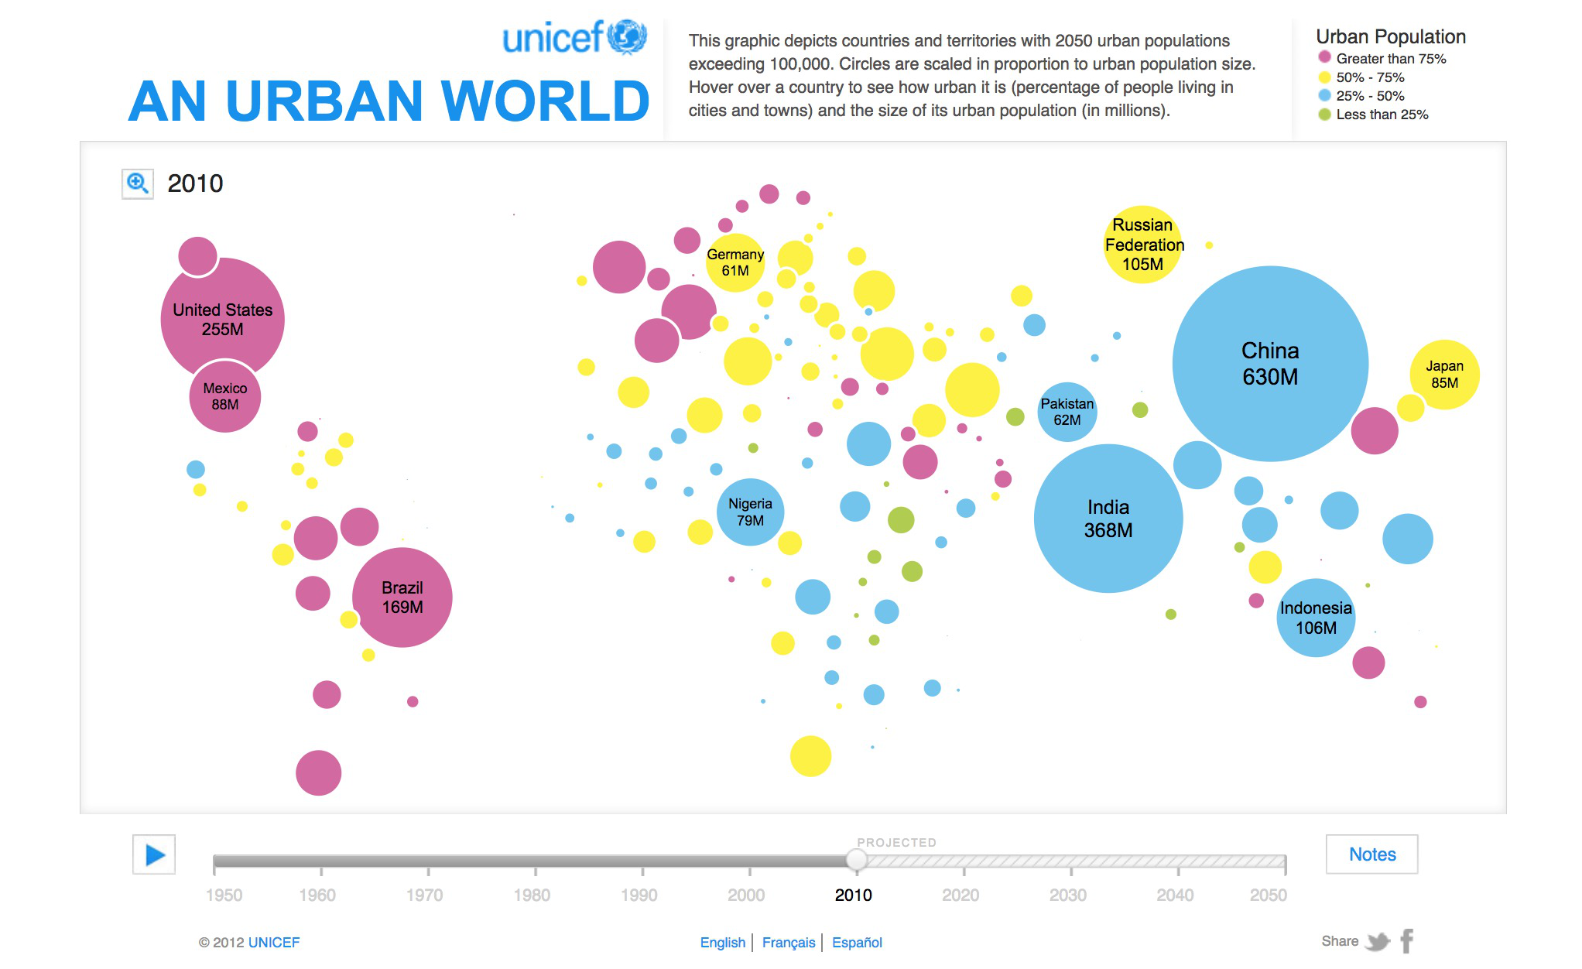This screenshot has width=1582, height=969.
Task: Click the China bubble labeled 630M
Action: tap(1270, 364)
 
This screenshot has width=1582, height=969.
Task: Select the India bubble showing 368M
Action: tap(1108, 519)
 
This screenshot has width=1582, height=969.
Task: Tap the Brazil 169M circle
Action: tap(402, 597)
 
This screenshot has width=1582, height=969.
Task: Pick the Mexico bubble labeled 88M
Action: tap(224, 396)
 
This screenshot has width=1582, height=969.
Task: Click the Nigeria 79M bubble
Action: tap(750, 512)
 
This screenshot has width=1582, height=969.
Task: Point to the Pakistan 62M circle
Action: tap(1067, 412)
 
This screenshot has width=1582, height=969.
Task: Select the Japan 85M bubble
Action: tap(1444, 375)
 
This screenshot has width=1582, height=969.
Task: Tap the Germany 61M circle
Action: tap(734, 262)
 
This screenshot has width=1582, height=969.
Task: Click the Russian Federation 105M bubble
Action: tap(1142, 245)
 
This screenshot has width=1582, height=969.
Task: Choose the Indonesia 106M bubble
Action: tap(1316, 618)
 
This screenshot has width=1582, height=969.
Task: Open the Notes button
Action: tap(1371, 854)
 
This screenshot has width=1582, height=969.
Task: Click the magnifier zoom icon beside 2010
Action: tap(138, 184)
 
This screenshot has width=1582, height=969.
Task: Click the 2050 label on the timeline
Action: tap(1268, 895)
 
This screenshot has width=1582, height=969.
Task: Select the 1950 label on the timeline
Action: tap(224, 895)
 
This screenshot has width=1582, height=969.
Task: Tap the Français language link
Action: tap(788, 943)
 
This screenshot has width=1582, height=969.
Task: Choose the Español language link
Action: tap(857, 943)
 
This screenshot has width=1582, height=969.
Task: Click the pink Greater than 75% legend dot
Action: tap(1324, 57)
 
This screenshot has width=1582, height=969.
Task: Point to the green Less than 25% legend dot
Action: tap(1324, 115)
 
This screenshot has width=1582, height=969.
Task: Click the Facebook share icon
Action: tap(1407, 941)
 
